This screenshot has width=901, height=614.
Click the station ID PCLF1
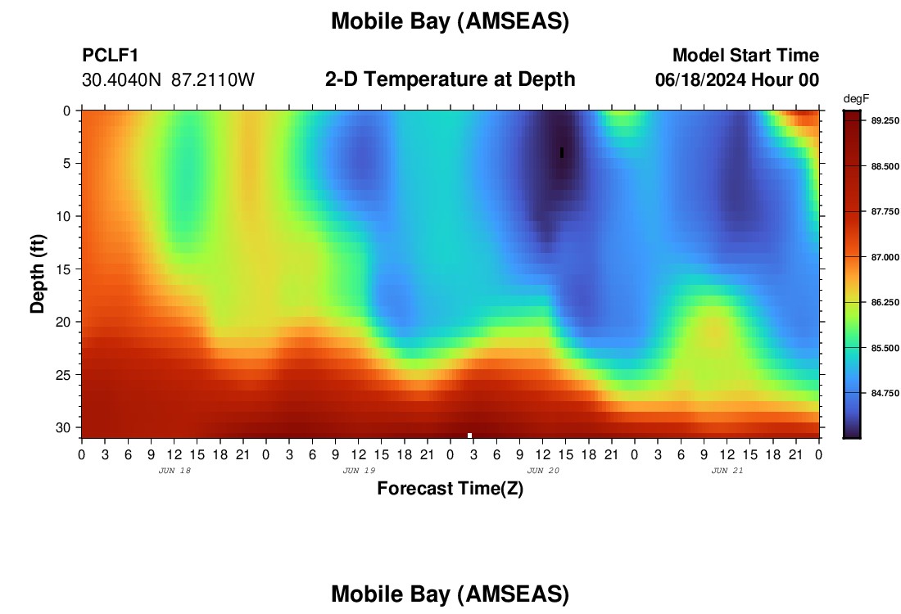coord(111,55)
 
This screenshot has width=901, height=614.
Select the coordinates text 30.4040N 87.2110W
coord(168,79)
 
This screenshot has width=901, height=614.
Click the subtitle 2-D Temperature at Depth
coord(450,79)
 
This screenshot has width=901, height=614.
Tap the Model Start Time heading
coord(745,55)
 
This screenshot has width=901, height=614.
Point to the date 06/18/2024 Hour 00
coord(737,79)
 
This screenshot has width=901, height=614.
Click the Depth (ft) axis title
coord(38,273)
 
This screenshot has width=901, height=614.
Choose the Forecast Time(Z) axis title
coord(450,488)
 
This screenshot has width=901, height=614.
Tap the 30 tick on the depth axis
coord(62,428)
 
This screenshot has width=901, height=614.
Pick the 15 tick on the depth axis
coord(62,269)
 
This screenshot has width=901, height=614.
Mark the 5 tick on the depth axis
coord(66,164)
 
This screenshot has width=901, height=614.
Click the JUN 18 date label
coord(174,471)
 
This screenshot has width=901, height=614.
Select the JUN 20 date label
coord(543,471)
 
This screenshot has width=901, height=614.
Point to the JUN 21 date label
coord(727,471)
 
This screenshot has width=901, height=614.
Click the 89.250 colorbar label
coord(885,120)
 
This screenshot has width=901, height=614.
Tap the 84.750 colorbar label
coord(885,394)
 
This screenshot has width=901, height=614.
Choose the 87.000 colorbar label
coord(885,257)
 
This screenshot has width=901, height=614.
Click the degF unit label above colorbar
coord(856,99)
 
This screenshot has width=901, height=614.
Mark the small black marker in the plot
coord(562,153)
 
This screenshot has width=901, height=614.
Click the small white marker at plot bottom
coord(469,436)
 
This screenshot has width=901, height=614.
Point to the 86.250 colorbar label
coord(885,303)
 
